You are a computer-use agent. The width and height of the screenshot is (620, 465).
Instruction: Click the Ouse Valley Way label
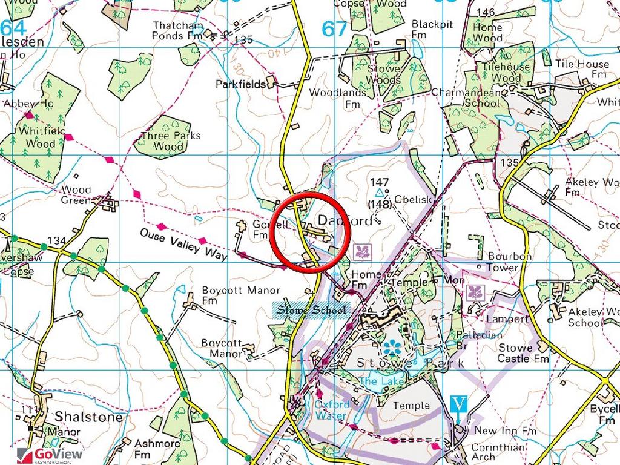pyautogui.click(x=183, y=244)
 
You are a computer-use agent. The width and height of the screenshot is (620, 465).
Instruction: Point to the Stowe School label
pyautogui.click(x=311, y=311)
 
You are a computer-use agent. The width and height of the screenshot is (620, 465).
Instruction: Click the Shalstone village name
pyautogui.click(x=88, y=417)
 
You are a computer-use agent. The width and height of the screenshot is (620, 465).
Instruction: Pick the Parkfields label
pyautogui.click(x=240, y=84)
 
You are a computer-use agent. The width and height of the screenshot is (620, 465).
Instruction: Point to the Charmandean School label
pyautogui.click(x=466, y=98)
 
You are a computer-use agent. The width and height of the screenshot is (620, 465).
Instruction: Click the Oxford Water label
pyautogui.click(x=332, y=410)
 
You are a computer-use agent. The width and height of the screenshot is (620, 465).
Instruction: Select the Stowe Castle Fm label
pyautogui.click(x=523, y=353)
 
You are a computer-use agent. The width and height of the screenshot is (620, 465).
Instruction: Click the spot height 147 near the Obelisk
pyautogui.click(x=380, y=182)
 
